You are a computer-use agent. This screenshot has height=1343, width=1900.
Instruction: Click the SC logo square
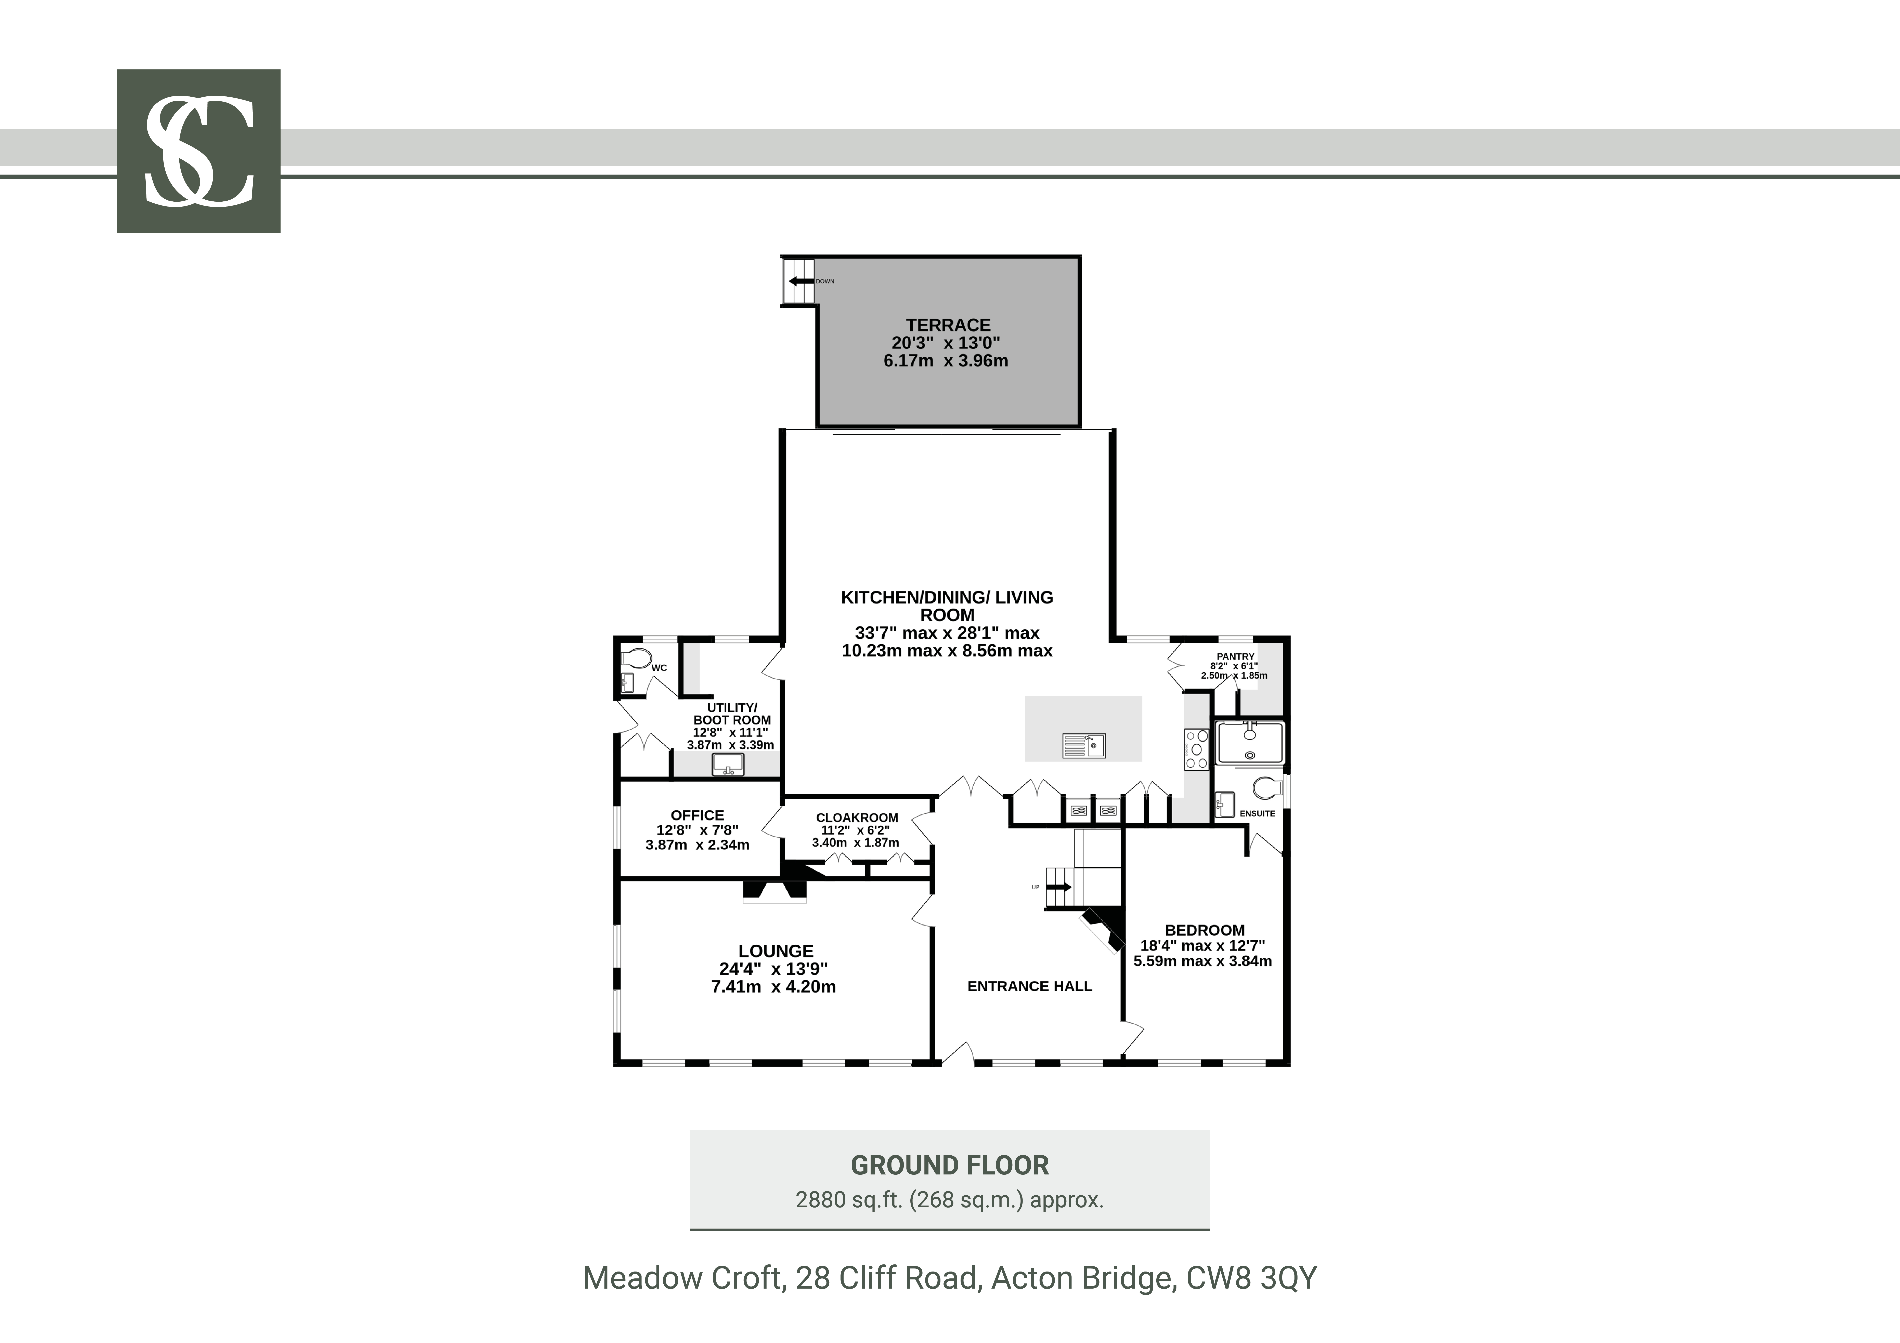(x=199, y=151)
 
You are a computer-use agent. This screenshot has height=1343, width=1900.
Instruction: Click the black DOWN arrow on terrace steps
(x=799, y=281)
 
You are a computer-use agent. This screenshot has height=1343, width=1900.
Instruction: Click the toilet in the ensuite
(x=1267, y=788)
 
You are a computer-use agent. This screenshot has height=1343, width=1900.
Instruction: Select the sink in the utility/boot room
(x=728, y=764)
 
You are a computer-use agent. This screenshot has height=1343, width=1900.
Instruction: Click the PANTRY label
(x=1236, y=656)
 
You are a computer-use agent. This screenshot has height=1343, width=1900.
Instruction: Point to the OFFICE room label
(x=698, y=815)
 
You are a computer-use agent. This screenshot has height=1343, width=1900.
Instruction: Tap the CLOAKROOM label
(x=857, y=817)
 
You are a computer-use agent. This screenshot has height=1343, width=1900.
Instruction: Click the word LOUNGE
(x=776, y=951)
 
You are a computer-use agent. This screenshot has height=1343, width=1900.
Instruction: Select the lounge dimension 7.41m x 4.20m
(x=774, y=986)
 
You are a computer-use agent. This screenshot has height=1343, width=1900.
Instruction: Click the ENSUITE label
(x=1257, y=813)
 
